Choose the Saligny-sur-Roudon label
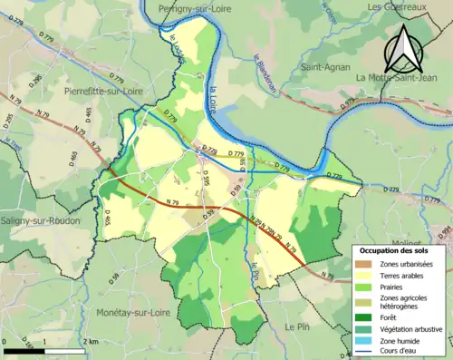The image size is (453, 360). (41, 220)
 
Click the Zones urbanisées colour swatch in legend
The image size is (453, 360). (365, 264)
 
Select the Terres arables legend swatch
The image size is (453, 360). (365, 276)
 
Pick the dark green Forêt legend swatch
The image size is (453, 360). (365, 316)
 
